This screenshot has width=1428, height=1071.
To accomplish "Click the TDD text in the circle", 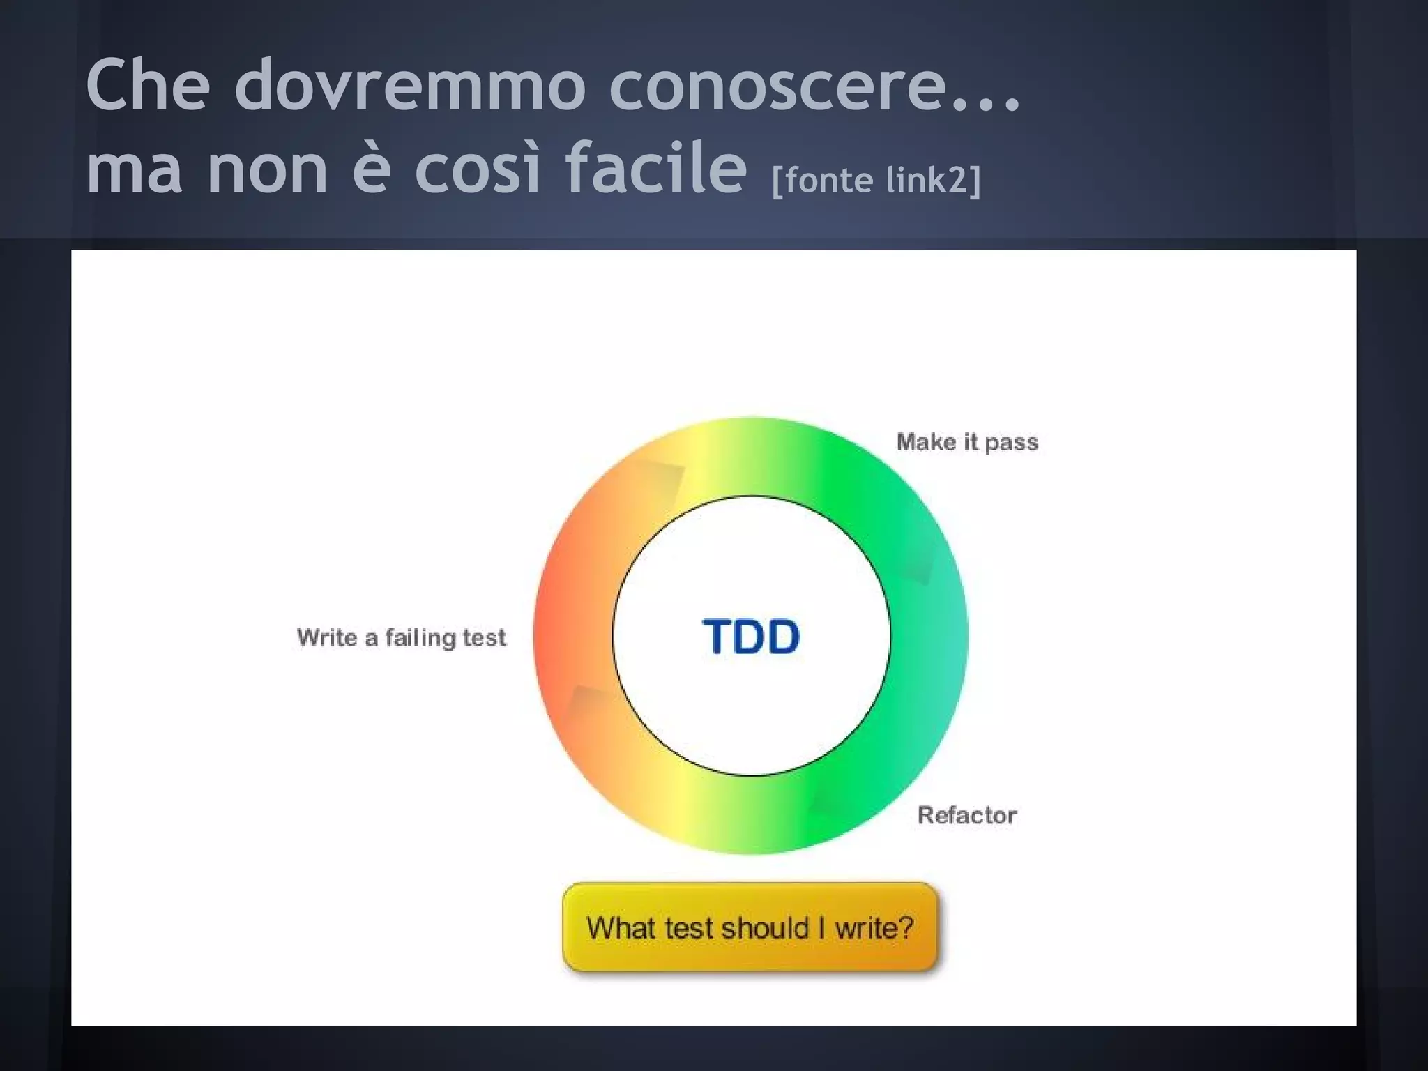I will (x=751, y=636).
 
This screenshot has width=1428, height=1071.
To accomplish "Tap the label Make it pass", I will (x=967, y=442).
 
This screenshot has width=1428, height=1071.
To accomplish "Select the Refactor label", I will (x=966, y=814).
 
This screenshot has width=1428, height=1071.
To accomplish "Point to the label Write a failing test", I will (x=401, y=637).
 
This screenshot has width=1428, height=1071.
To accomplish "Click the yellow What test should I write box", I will (x=750, y=927).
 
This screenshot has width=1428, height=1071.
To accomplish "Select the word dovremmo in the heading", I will (x=410, y=85).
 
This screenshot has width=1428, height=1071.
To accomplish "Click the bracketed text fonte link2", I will (x=876, y=180).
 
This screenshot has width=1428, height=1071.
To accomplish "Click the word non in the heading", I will (x=267, y=169).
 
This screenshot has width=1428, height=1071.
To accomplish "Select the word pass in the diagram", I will (x=1011, y=443).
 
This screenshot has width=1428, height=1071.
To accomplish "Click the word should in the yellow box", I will (x=765, y=927).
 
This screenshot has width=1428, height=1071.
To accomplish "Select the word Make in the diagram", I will (x=926, y=441).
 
